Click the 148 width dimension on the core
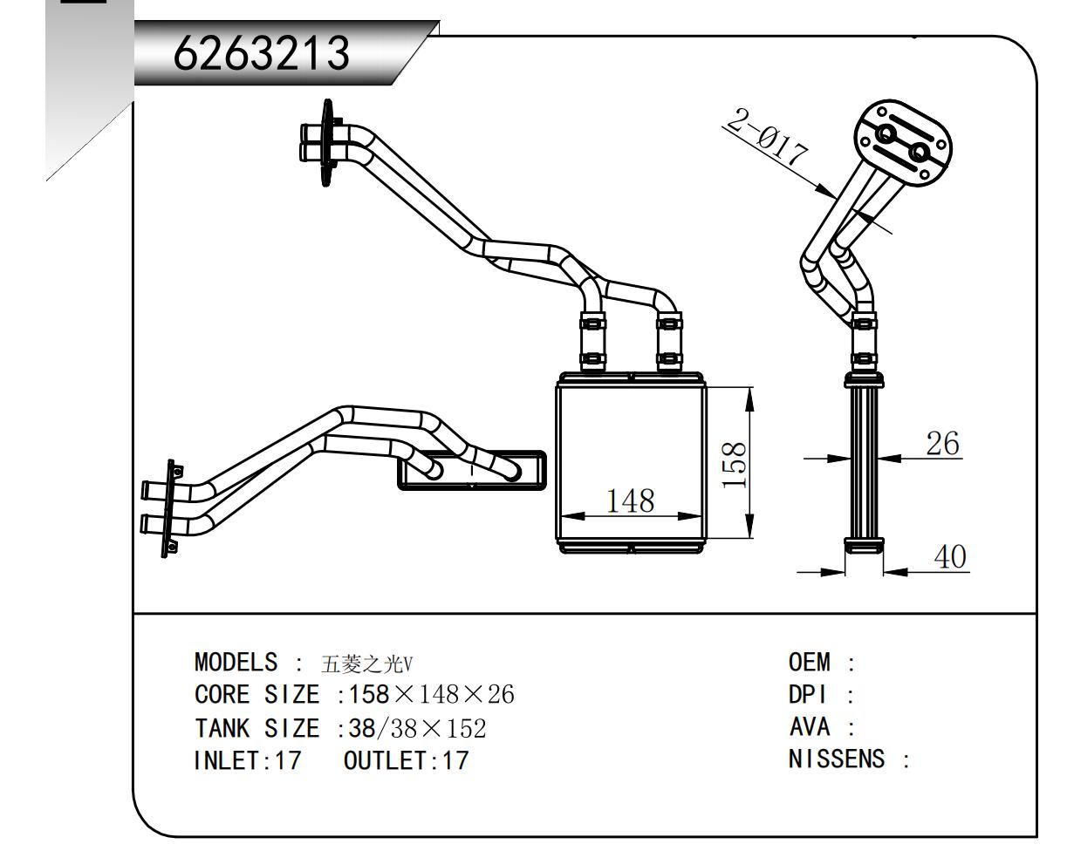[x=631, y=500]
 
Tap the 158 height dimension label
[x=735, y=463]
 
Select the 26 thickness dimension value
[x=941, y=444]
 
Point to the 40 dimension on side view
[x=950, y=557]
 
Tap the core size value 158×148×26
[x=431, y=696]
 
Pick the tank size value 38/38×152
[x=417, y=728]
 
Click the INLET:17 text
[x=247, y=760]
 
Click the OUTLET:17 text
[x=406, y=760]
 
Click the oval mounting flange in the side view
[x=902, y=143]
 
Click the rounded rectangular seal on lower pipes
[x=471, y=471]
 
